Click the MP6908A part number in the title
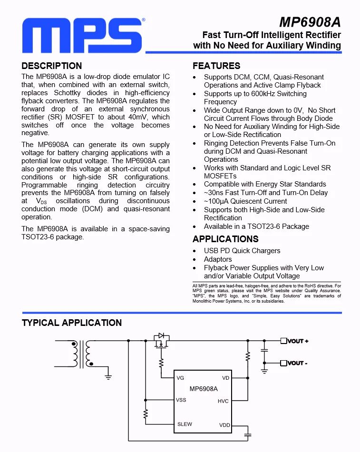tap(310, 22)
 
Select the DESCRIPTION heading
tap(52, 66)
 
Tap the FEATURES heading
tap(216, 66)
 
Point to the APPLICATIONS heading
tap(225, 239)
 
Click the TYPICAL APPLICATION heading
tap(72, 323)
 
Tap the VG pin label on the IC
tap(180, 378)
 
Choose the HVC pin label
tap(223, 401)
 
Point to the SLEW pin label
tap(185, 424)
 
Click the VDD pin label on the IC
tap(224, 424)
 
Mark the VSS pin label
tap(181, 400)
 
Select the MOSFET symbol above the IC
tap(162, 341)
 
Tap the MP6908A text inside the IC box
tap(204, 389)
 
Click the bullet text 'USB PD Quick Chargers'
tap(242, 251)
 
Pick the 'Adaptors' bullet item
tap(218, 259)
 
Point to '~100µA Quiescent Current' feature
tap(245, 201)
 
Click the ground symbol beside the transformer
tap(108, 376)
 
